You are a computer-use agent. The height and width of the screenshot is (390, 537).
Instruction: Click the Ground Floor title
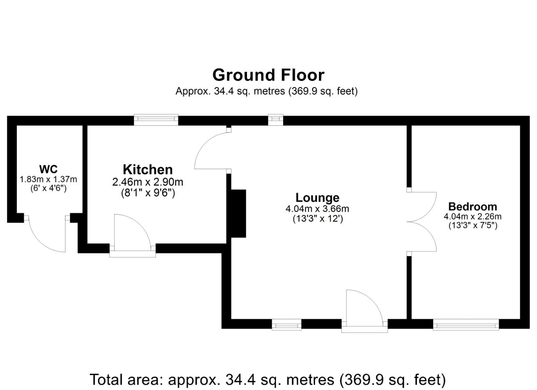268,75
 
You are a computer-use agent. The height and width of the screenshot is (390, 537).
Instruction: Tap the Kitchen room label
148,169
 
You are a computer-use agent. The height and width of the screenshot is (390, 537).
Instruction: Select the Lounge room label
317,198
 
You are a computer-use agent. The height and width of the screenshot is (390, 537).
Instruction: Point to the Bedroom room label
472,207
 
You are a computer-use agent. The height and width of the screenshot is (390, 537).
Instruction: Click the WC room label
48,169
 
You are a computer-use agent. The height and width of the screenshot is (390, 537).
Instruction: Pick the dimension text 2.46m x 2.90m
148,182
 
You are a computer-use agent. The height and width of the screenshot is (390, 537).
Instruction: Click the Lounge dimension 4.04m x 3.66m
317,209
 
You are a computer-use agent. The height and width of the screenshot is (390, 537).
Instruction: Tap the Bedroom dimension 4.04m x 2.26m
472,217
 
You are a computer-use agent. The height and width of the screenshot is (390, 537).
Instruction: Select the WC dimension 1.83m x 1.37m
48,179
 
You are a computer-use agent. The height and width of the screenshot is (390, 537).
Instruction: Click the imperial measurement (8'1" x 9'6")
148,193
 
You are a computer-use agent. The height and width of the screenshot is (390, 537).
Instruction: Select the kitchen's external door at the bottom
132,235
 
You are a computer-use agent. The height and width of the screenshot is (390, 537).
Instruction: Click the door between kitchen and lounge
212,150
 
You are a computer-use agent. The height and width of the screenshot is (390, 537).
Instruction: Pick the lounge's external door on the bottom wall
364,309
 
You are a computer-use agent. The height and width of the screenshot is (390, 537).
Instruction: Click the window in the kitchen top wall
156,120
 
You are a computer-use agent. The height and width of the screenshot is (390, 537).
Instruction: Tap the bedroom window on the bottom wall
466,325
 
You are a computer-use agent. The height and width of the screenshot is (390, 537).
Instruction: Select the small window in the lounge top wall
276,120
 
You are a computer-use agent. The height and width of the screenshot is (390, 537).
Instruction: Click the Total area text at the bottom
268,380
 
